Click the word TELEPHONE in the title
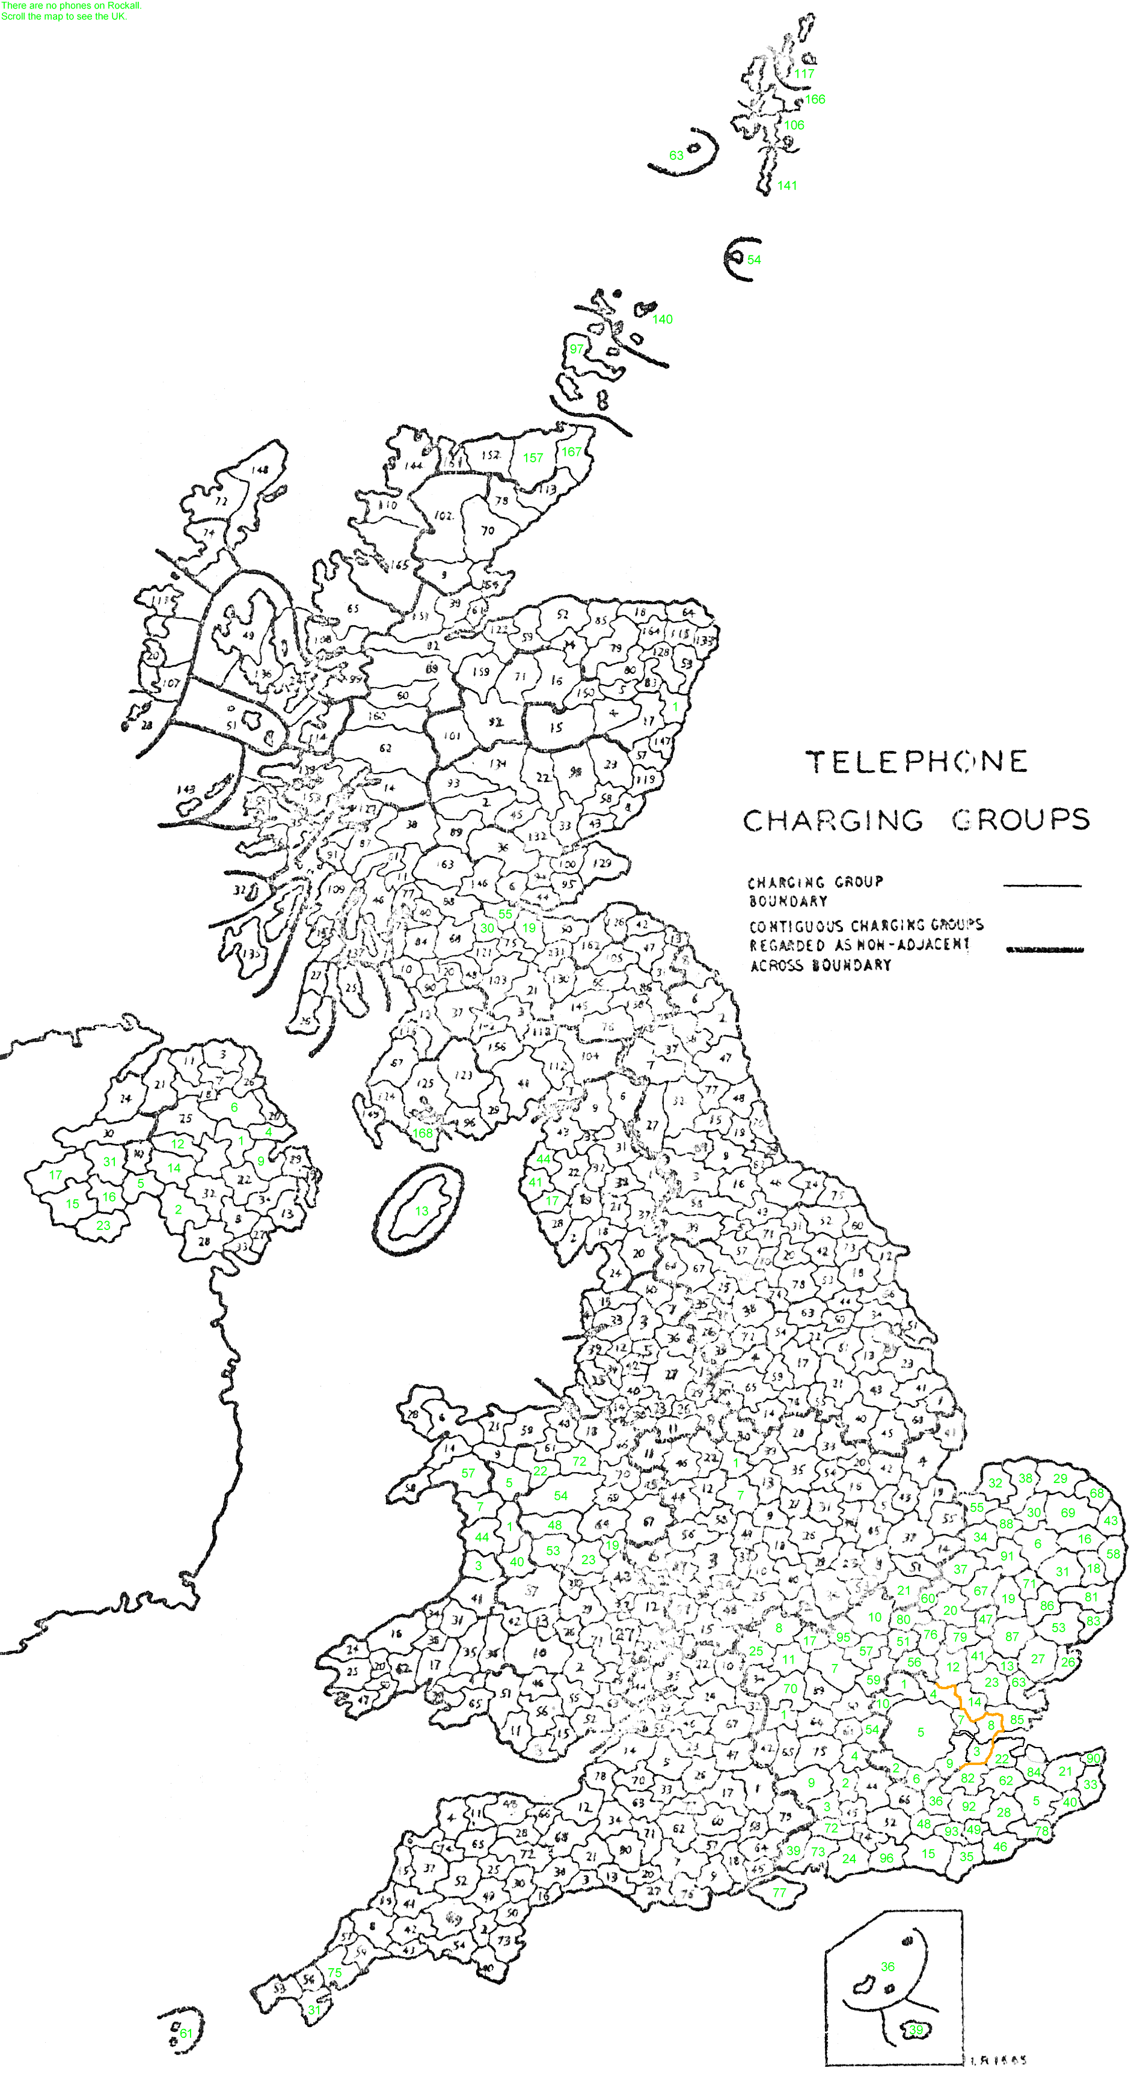pos(917,762)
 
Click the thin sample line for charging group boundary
pos(1041,886)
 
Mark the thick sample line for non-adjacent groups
pos(1045,950)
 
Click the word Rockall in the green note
pos(123,5)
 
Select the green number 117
pos(804,73)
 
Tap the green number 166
pos(815,99)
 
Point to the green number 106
pos(794,125)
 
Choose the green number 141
pos(787,186)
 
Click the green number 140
pos(662,319)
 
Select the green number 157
pos(533,458)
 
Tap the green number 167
pos(572,451)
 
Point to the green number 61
pos(186,2033)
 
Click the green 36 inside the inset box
pos(887,1966)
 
